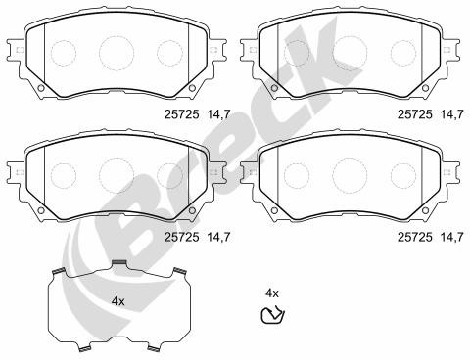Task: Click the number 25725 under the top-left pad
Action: (181, 114)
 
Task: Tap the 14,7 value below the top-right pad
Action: (451, 114)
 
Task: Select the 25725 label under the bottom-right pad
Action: (415, 237)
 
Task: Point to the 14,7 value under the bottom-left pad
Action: (218, 237)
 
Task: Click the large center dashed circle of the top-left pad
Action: (117, 53)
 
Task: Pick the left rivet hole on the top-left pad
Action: (41, 88)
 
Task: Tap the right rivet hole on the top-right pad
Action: (425, 88)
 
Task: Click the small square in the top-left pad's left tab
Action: (20, 50)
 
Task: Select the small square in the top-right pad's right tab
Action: (446, 50)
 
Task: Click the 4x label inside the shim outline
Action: (117, 301)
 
